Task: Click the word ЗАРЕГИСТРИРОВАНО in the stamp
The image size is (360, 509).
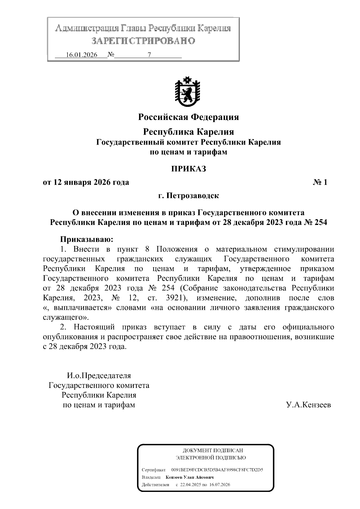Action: coord(143,40)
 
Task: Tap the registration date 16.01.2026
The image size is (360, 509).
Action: coord(82,55)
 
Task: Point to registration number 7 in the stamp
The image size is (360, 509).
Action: coord(149,55)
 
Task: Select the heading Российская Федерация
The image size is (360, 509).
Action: coord(188,117)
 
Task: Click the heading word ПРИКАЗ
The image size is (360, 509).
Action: coord(188,169)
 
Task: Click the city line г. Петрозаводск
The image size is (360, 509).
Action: coord(188,196)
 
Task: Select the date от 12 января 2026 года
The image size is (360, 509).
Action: coord(86,182)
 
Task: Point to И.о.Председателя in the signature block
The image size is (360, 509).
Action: coord(99,376)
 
